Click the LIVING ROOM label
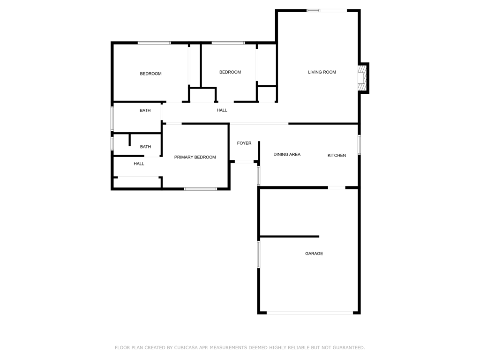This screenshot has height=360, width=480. pyautogui.click(x=322, y=72)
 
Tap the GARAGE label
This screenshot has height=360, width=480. pyautogui.click(x=314, y=254)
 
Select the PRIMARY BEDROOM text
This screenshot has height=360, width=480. pyautogui.click(x=195, y=157)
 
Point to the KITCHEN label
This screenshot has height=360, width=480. pyautogui.click(x=337, y=156)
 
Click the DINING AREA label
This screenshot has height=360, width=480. pyautogui.click(x=287, y=155)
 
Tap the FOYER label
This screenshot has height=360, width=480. pyautogui.click(x=244, y=143)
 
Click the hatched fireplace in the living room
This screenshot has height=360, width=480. pyautogui.click(x=362, y=78)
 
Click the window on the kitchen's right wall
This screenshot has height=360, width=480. pyautogui.click(x=360, y=145)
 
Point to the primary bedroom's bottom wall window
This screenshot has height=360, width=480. pyautogui.click(x=201, y=189)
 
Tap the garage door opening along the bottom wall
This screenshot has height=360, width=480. pyautogui.click(x=310, y=313)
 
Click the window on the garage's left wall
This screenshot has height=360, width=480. pyautogui.click(x=259, y=255)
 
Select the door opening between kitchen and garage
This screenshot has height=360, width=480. pyautogui.click(x=337, y=187)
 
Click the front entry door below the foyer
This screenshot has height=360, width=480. pyautogui.click(x=244, y=162)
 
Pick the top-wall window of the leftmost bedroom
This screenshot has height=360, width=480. pyautogui.click(x=154, y=43)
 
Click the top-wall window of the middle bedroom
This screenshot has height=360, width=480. pyautogui.click(x=228, y=43)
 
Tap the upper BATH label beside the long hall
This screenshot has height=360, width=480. pyautogui.click(x=145, y=111)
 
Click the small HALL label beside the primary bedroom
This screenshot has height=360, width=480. pyautogui.click(x=139, y=164)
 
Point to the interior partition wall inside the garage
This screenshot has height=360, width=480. pyautogui.click(x=290, y=236)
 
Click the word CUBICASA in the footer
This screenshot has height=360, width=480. pyautogui.click(x=186, y=348)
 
